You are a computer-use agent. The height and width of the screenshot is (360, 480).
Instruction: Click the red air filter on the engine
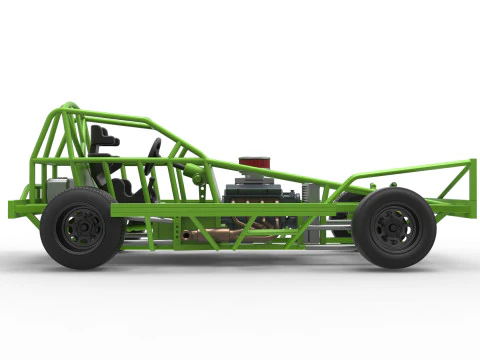tap(255, 163)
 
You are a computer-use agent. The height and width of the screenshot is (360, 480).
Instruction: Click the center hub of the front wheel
tap(393, 228)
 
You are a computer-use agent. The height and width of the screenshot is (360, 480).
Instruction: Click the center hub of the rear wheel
tap(81, 228)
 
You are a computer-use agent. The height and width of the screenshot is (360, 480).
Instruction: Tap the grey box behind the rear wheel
tap(56, 189)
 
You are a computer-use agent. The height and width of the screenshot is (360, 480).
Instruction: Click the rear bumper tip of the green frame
tap(14, 208)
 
